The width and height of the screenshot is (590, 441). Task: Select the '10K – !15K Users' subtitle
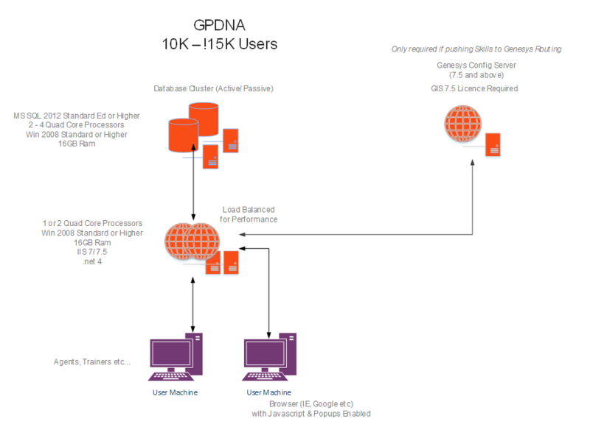[x=220, y=44]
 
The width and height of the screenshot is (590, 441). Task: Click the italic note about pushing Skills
[x=476, y=49]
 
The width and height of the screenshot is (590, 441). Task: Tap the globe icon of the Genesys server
[x=462, y=124]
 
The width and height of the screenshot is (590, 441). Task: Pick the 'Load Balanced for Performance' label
[x=249, y=214]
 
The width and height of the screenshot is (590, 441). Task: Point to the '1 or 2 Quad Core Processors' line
[x=92, y=223]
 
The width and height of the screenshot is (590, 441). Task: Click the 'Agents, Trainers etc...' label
[x=94, y=362]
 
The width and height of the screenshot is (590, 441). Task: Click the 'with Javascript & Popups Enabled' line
[x=310, y=414]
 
